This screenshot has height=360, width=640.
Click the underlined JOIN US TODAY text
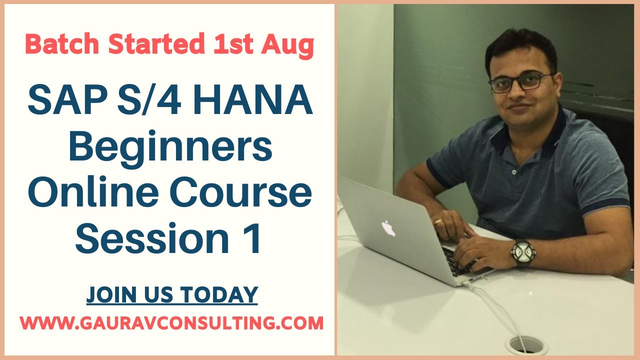coord(172,295)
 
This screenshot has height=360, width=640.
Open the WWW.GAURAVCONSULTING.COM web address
coord(172,323)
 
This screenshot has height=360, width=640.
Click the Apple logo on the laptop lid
coord(388,228)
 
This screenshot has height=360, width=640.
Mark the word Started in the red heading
coord(155,45)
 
